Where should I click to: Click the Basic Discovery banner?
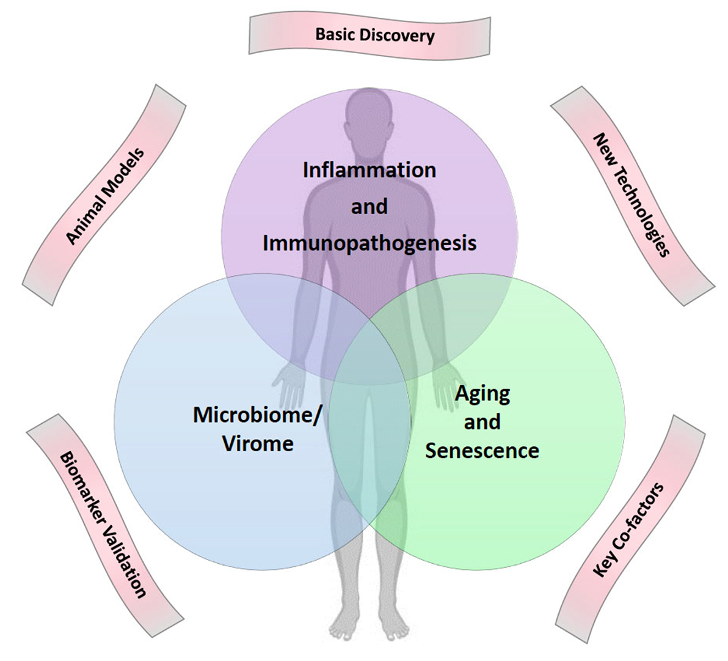click(370, 34)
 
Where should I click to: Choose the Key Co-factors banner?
click(629, 530)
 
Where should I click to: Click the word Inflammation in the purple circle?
click(369, 169)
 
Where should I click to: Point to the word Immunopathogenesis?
click(369, 243)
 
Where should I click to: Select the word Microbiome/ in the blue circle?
click(257, 415)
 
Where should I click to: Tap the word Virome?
click(257, 443)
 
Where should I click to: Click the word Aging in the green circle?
click(482, 393)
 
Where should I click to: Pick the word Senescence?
click(482, 451)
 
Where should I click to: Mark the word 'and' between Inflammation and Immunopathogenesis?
click(369, 206)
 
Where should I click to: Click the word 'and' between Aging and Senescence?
click(482, 422)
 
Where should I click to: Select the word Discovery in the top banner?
click(397, 35)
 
